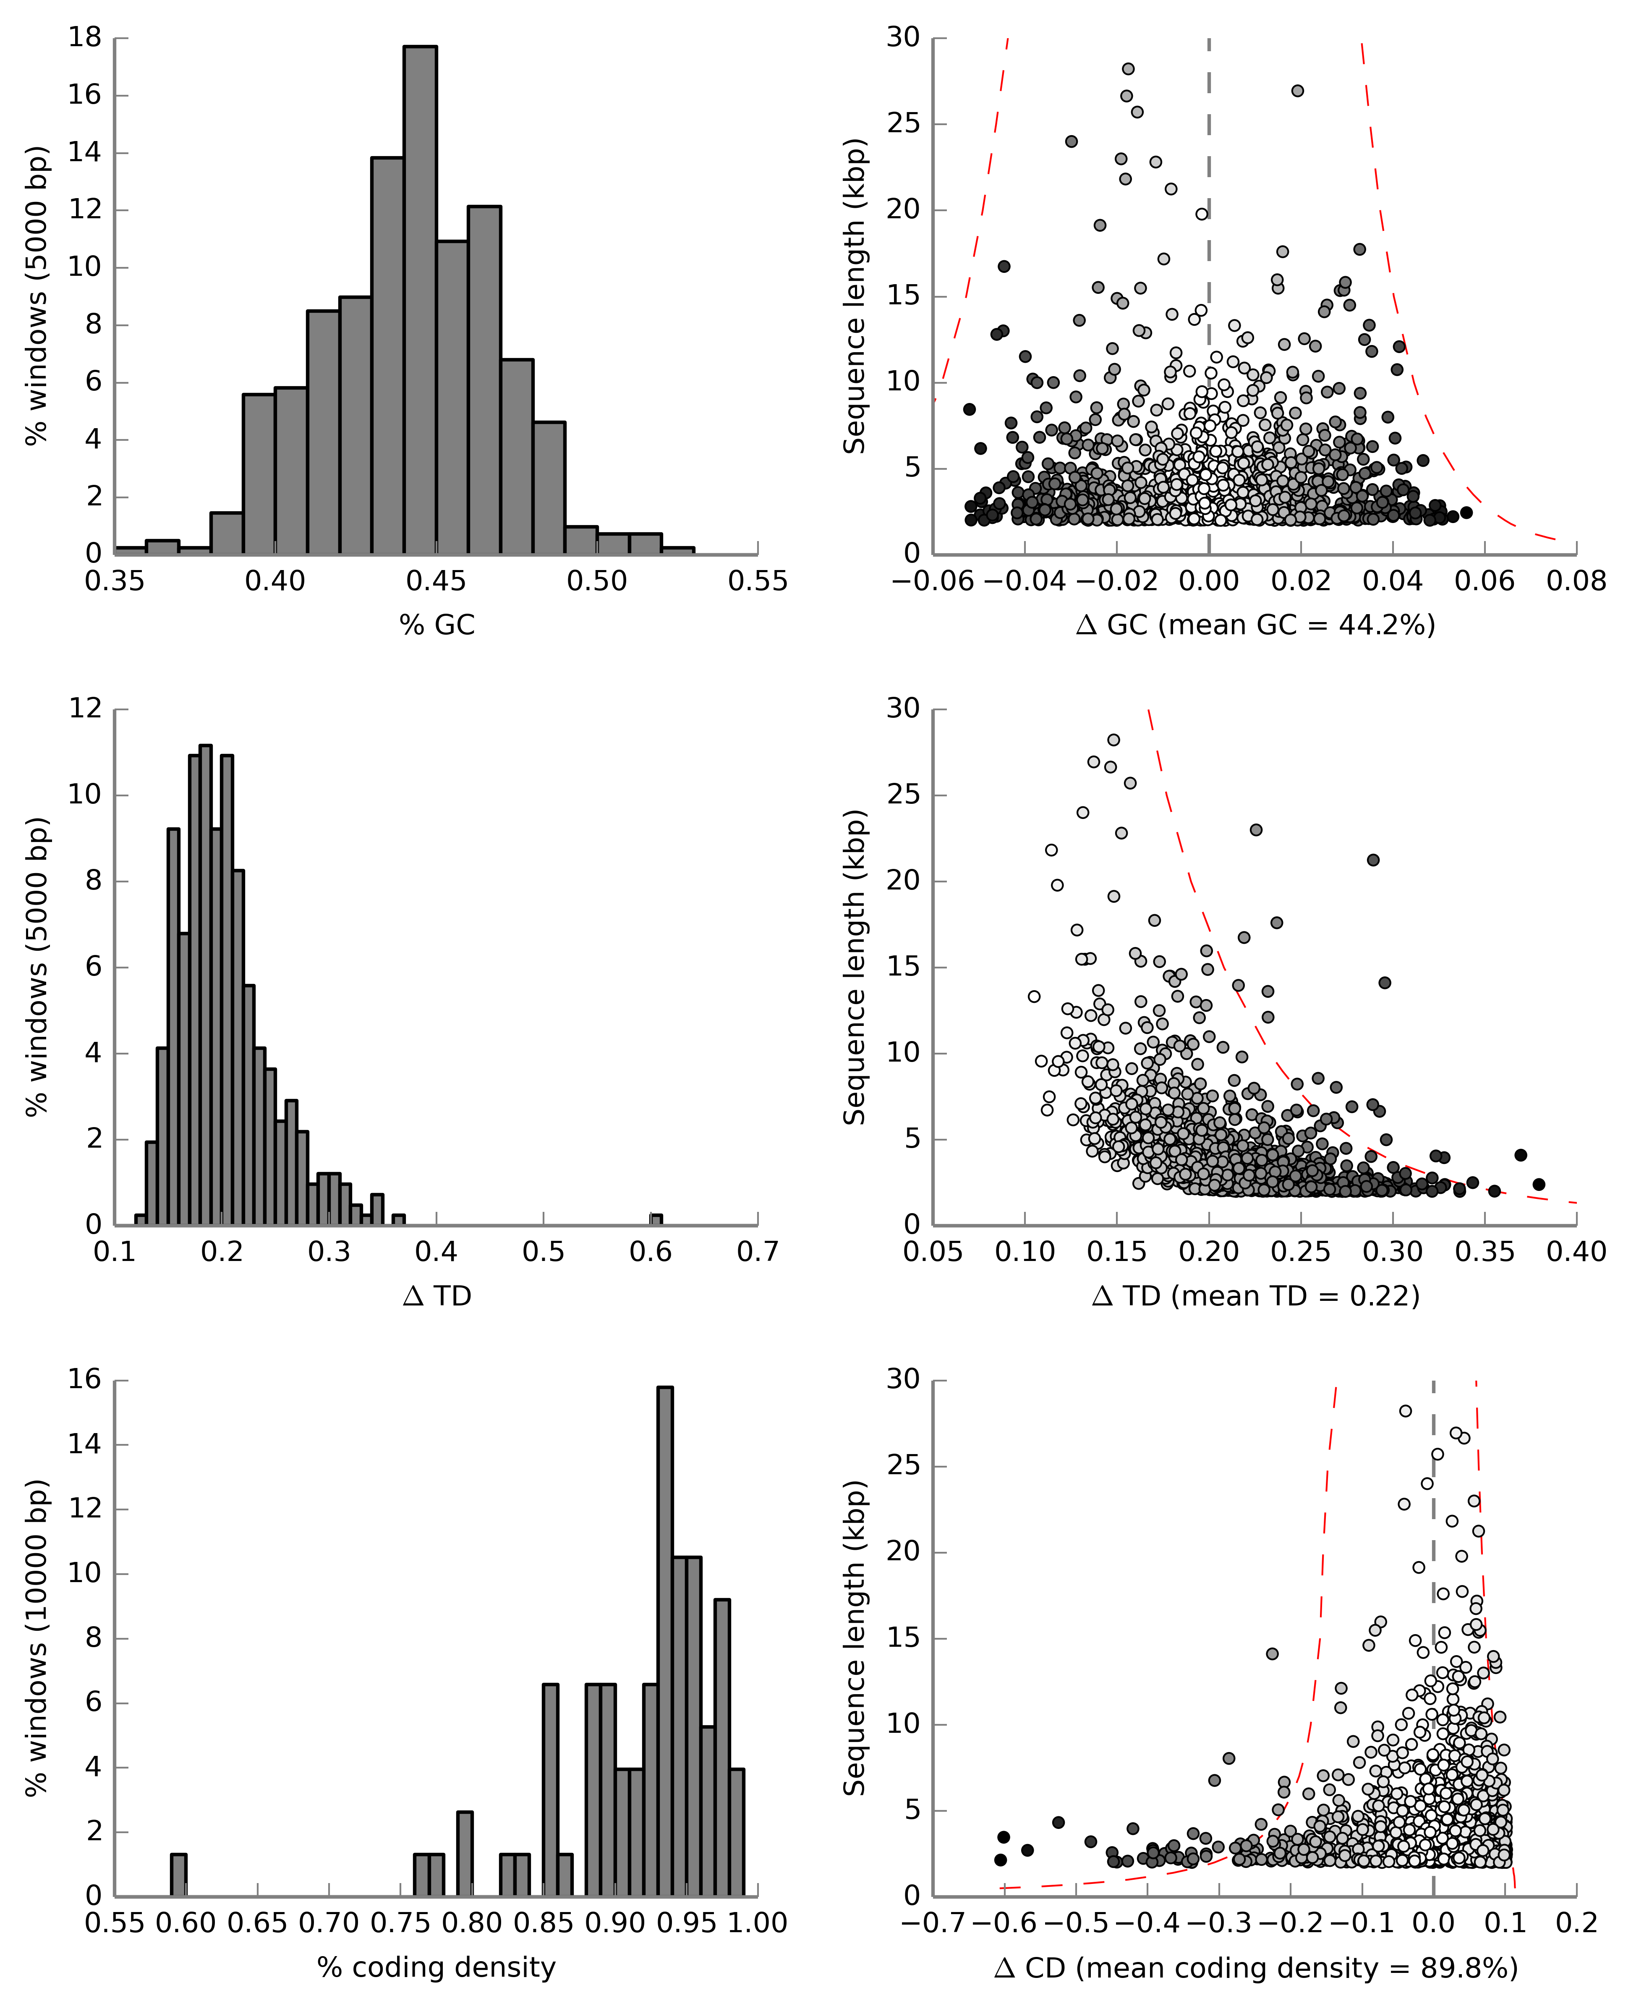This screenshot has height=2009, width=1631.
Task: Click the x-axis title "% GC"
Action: point(437,625)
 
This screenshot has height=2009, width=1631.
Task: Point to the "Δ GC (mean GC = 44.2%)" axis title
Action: point(1255,625)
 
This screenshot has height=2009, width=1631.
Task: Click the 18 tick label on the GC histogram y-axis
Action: point(84,38)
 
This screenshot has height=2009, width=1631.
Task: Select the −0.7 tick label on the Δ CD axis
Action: point(933,1923)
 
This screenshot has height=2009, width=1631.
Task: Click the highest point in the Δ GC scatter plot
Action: point(1128,68)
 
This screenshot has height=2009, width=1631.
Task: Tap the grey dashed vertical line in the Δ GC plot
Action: point(1209,282)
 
